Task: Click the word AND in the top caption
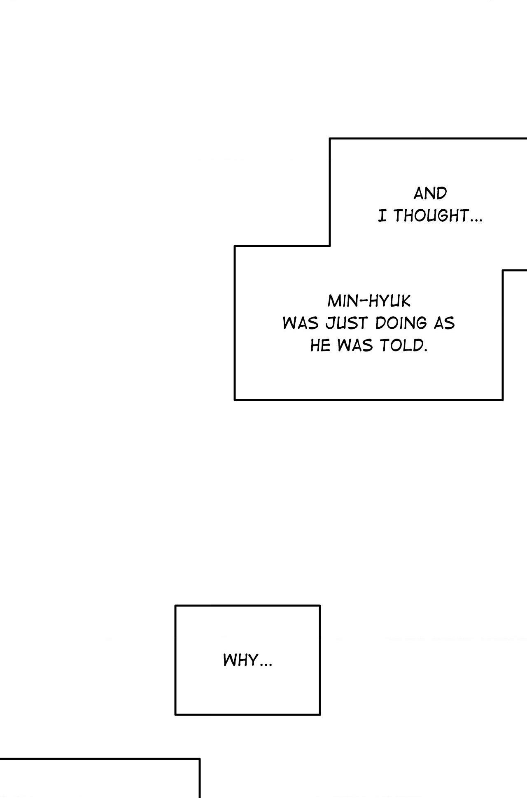(430, 193)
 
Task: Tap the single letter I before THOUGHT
(382, 215)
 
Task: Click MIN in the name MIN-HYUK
(343, 301)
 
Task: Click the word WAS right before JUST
(301, 323)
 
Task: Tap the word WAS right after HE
(355, 346)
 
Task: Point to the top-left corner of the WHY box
(176, 606)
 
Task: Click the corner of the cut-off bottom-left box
(199, 758)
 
